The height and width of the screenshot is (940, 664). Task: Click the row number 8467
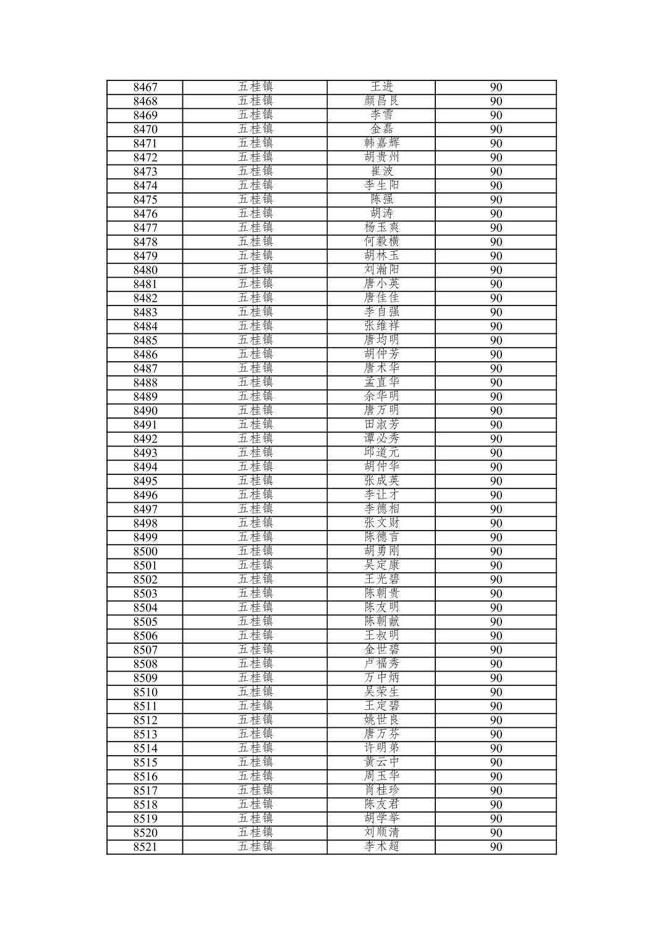145,87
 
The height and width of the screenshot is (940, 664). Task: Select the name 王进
381,87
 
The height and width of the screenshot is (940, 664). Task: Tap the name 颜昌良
381,101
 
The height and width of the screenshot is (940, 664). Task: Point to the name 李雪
381,115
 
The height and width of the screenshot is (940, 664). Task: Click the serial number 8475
145,200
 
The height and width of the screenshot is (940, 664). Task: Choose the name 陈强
381,199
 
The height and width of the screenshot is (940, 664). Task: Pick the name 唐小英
381,284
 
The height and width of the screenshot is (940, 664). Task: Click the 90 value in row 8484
496,327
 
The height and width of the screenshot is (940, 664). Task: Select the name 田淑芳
381,424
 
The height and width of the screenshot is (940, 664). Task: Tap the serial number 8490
145,411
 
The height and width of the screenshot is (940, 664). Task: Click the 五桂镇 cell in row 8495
255,481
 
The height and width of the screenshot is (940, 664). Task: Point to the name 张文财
381,523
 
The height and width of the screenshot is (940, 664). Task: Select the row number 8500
145,552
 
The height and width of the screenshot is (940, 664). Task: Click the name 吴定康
381,565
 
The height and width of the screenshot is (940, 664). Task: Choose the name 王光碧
381,579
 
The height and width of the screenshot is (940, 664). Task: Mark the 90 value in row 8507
496,650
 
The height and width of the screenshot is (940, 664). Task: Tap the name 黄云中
381,762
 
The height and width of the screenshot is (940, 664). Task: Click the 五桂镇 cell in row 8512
255,720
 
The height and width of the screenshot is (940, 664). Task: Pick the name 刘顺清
381,832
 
